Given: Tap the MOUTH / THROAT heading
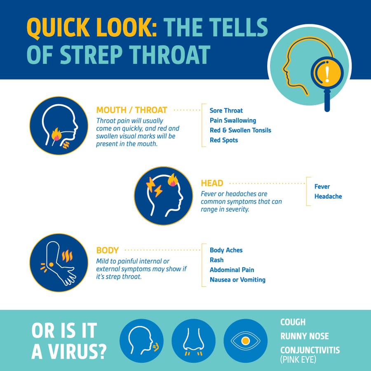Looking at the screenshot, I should pyautogui.click(x=131, y=110).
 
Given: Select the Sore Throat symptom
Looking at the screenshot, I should pyautogui.click(x=226, y=110).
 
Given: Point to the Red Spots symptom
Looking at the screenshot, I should pyautogui.click(x=224, y=140).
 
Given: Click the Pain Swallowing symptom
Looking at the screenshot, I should pyautogui.click(x=233, y=120).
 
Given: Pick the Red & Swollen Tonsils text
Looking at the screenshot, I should pyautogui.click(x=240, y=130).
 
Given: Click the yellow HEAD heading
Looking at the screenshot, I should pyautogui.click(x=212, y=183).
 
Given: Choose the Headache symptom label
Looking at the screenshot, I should pyautogui.click(x=328, y=197).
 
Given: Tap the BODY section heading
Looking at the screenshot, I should pyautogui.click(x=107, y=250).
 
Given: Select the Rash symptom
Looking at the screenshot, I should pyautogui.click(x=217, y=260).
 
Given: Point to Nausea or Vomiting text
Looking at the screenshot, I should pyautogui.click(x=237, y=280).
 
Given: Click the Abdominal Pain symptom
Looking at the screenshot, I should pyautogui.click(x=232, y=270).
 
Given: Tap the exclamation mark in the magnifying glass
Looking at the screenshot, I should pyautogui.click(x=327, y=74).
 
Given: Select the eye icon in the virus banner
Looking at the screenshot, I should pyautogui.click(x=245, y=340).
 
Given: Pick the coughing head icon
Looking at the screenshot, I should pyautogui.click(x=141, y=340).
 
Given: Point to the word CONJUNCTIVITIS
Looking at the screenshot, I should pyautogui.click(x=310, y=350).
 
